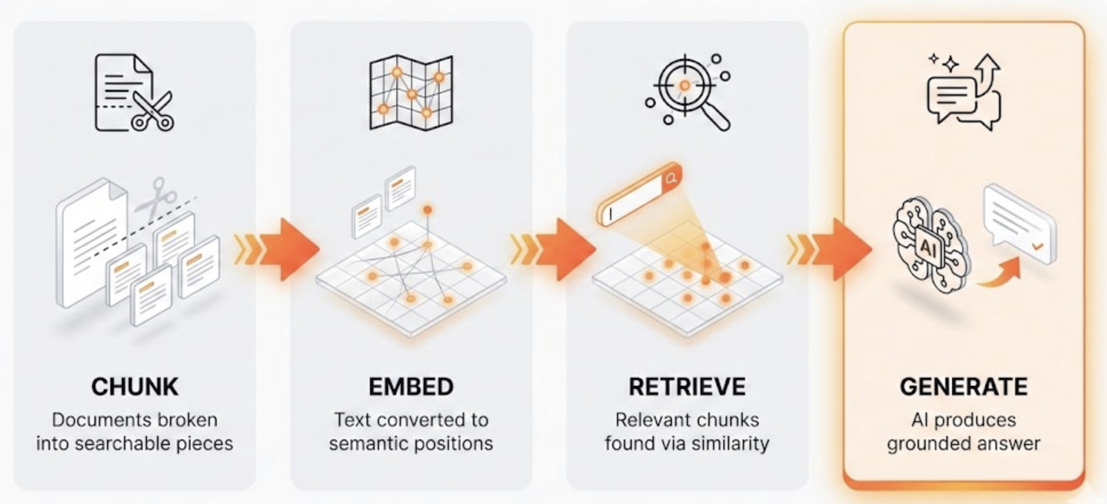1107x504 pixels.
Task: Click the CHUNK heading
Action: [x=134, y=387]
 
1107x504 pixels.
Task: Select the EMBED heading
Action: [x=411, y=387]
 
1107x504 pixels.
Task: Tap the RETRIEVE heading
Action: [x=687, y=387]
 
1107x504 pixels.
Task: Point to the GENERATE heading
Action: [x=963, y=387]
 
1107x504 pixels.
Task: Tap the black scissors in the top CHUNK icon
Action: [x=152, y=111]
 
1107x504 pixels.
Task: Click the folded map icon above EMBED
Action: [x=411, y=93]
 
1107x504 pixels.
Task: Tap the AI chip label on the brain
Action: [x=927, y=247]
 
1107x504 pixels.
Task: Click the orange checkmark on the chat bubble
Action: [x=1037, y=246]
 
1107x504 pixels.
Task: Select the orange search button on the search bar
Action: [x=671, y=178]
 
